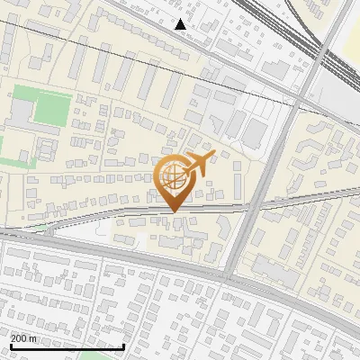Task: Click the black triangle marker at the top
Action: [181, 24]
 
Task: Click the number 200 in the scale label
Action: [19, 338]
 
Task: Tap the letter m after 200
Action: [33, 338]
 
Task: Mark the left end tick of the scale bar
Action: [10, 346]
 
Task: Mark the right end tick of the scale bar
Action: [123, 346]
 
